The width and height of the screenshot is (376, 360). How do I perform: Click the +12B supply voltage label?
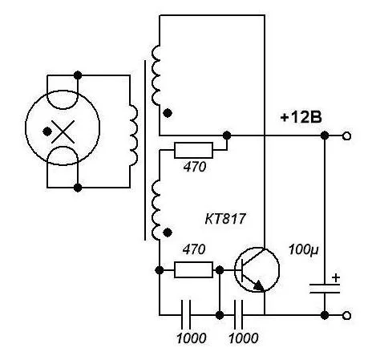[x=301, y=117]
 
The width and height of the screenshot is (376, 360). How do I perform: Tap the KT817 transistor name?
[x=225, y=219]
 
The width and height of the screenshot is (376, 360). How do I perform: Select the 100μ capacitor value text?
[x=304, y=250]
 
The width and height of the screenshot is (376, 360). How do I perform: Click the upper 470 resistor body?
[x=193, y=150]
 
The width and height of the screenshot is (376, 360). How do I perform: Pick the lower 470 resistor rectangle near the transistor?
[x=193, y=269]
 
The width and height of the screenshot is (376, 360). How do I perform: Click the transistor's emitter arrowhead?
[x=259, y=286]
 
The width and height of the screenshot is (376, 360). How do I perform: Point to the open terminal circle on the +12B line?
[x=346, y=136]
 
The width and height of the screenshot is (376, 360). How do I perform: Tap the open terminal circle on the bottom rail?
[x=346, y=316]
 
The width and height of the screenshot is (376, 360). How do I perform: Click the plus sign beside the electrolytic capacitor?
[x=336, y=278]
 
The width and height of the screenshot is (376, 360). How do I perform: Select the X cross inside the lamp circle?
[x=63, y=131]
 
